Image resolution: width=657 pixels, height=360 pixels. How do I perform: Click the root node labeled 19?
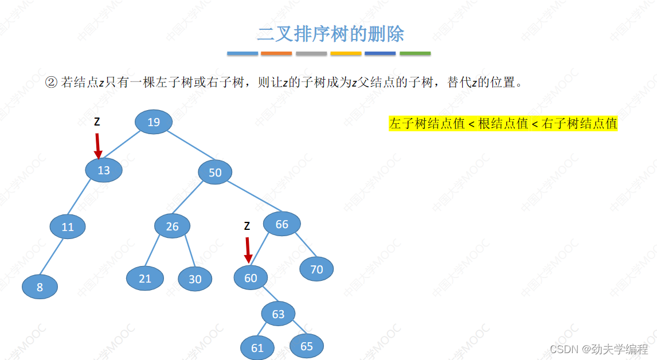154,122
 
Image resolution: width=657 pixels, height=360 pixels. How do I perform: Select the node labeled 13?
104,170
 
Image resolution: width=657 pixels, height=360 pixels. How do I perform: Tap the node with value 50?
215,173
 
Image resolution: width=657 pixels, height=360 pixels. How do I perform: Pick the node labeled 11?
68,227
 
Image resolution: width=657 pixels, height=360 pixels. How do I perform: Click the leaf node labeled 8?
40,287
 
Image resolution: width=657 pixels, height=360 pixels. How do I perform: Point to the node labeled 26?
172,226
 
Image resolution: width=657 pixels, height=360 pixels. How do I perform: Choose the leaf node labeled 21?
145,279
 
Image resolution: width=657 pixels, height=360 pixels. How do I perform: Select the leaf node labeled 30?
195,279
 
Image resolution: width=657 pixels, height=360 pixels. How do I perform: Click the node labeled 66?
282,224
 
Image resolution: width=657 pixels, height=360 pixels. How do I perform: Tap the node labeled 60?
251,278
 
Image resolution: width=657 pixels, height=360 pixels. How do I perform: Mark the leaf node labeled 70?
316,269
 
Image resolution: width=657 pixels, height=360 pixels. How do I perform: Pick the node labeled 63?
278,314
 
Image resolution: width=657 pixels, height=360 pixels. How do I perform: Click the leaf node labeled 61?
257,348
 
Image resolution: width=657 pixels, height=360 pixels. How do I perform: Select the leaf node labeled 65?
307,346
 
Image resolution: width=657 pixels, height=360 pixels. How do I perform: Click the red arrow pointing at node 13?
98,146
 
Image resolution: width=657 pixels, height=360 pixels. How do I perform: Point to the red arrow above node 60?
248,250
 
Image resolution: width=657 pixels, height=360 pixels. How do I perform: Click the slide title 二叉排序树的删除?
330,34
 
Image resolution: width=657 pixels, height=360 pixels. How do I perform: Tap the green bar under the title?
415,53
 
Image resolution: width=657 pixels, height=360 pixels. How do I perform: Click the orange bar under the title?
276,53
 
